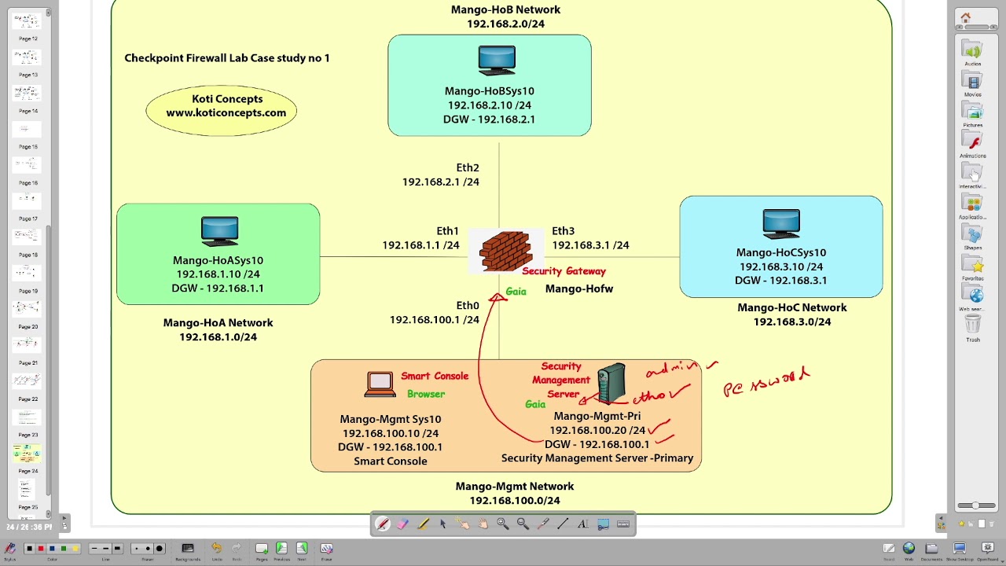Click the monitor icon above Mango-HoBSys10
pos(497,61)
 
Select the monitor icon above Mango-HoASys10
pos(219,230)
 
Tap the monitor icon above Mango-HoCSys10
pos(780,223)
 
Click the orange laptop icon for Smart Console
pos(380,384)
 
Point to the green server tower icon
pos(611,383)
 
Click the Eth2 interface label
pos(467,167)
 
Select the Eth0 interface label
pos(467,306)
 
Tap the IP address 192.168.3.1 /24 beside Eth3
pos(590,245)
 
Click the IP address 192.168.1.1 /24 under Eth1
pos(420,245)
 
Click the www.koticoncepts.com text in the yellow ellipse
pos(226,112)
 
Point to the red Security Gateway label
pos(564,271)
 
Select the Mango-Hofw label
pos(578,289)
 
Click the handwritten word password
pos(766,383)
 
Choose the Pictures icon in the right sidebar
pos(973,113)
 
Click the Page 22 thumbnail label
pos(28,399)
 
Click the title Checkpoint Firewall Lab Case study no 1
pos(227,58)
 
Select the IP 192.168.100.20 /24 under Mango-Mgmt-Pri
pos(597,430)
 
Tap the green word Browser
pos(426,394)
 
